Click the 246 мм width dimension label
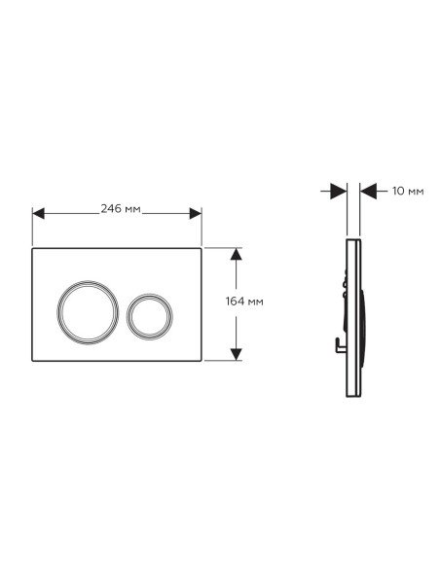pyautogui.click(x=121, y=209)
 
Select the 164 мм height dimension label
pyautogui.click(x=244, y=302)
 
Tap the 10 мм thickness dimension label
pyautogui.click(x=408, y=191)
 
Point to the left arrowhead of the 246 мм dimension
pyautogui.click(x=38, y=213)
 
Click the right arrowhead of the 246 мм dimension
pyautogui.click(x=196, y=213)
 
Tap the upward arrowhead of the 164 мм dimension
pyautogui.click(x=236, y=254)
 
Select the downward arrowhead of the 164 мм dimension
pyautogui.click(x=236, y=355)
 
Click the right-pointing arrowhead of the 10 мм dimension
pyautogui.click(x=339, y=191)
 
